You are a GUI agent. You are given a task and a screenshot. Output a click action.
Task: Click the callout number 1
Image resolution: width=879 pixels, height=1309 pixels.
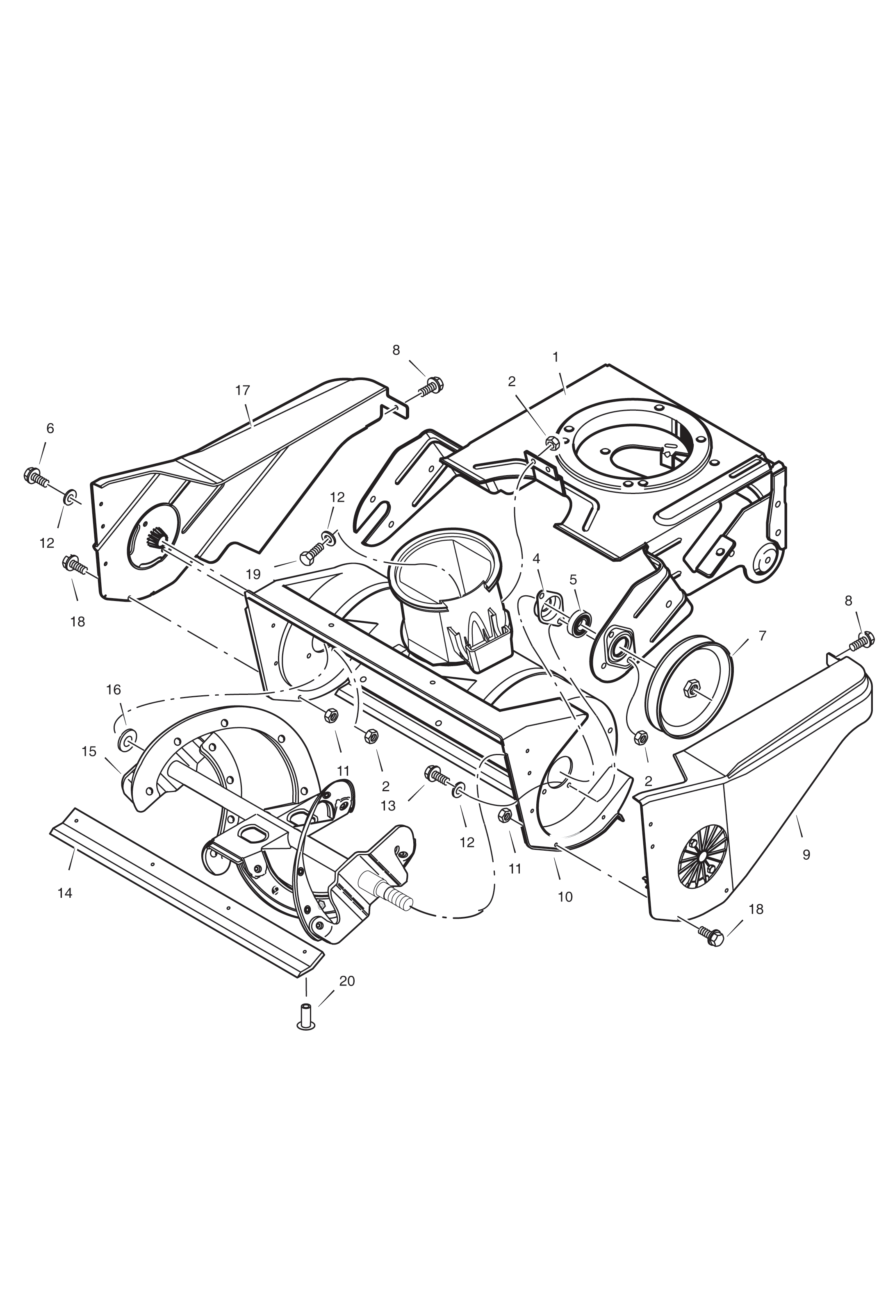click(x=556, y=357)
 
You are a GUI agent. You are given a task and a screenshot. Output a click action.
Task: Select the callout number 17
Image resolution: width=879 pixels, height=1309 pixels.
click(x=243, y=390)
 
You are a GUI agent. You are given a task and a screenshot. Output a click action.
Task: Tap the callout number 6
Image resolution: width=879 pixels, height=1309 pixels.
click(x=50, y=429)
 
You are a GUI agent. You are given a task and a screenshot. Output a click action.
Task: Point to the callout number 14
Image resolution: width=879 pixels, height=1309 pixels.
click(x=65, y=893)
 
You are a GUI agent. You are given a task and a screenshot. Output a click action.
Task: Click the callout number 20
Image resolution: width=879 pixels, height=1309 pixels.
click(x=347, y=981)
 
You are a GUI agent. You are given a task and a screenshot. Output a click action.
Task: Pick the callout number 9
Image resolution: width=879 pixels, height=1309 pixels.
click(x=806, y=855)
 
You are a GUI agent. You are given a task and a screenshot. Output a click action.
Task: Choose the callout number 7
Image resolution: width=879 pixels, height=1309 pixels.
click(x=762, y=636)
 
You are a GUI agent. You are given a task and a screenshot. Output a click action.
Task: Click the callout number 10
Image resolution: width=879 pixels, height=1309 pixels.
click(x=565, y=897)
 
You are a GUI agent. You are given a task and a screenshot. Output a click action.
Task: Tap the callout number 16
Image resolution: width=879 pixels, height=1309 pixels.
click(x=113, y=690)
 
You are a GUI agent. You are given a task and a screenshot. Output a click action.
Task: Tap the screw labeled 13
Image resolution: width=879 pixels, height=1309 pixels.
click(x=437, y=776)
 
